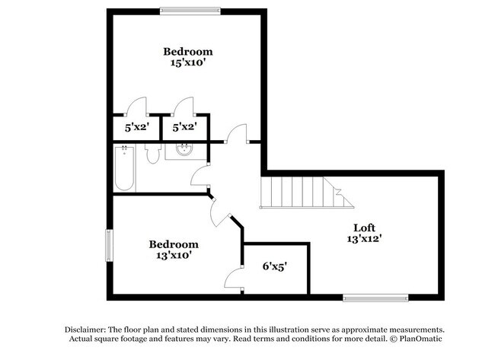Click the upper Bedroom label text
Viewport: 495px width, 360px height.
188,52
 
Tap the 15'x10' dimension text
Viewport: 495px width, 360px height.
188,63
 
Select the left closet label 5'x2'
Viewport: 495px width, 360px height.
138,128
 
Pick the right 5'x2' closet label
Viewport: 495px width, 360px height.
185,128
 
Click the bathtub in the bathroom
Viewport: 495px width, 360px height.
124,168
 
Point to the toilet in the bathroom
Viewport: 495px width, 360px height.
153,154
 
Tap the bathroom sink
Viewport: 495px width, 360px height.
184,150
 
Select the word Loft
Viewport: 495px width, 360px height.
364,228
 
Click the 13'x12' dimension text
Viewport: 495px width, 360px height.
364,239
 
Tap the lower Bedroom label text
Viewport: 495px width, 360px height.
174,244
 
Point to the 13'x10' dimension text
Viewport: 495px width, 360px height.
174,256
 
